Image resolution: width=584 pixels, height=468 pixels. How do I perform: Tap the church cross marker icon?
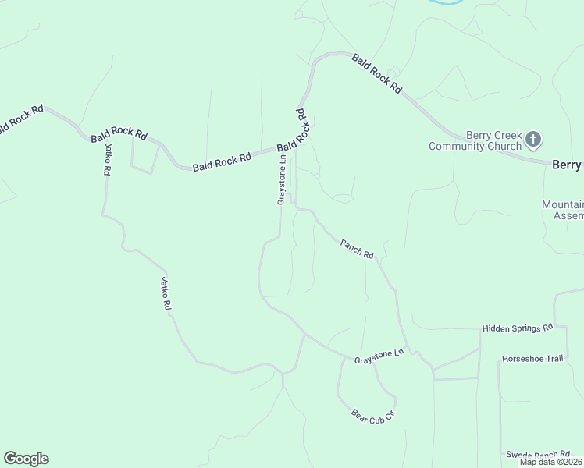coord(533,140)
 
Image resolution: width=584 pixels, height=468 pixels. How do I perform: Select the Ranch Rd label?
coord(358,249)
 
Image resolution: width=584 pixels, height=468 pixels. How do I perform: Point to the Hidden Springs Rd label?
coord(517,328)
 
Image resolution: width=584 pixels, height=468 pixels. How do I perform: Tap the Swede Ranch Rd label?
coord(539,454)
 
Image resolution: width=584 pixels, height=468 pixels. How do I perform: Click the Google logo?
coord(26,459)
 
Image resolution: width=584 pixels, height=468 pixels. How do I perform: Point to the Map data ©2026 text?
coord(550,462)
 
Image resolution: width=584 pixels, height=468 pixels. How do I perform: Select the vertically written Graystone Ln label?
coord(281,179)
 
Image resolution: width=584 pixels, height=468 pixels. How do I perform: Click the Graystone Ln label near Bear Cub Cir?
coord(379,357)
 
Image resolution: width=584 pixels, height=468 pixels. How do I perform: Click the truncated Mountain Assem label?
coord(563,210)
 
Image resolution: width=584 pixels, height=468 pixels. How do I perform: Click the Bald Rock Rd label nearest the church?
coord(376,74)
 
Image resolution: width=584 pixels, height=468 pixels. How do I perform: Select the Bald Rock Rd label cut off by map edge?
coord(21,119)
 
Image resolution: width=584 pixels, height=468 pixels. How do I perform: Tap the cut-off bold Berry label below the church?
coord(567,165)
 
